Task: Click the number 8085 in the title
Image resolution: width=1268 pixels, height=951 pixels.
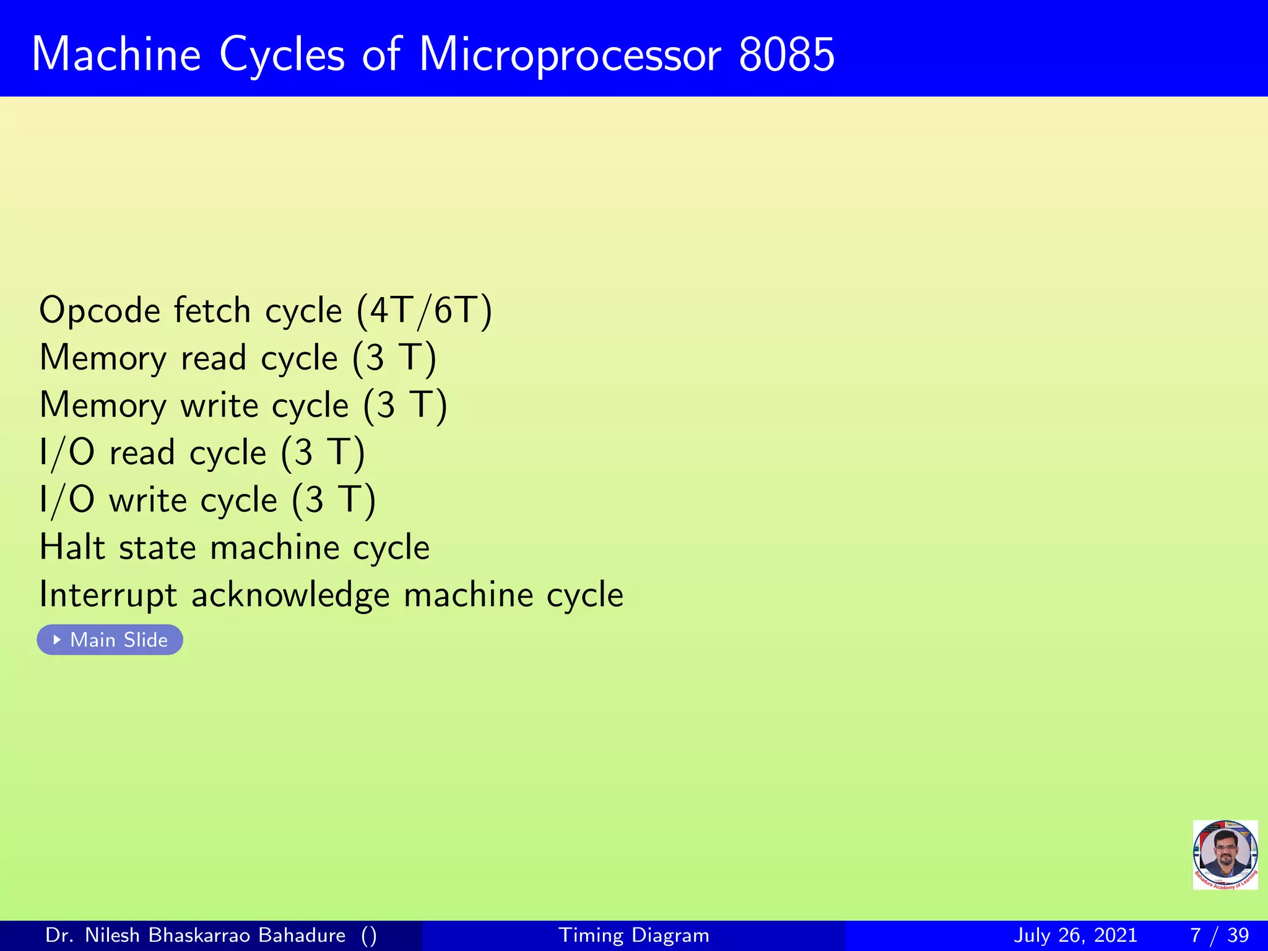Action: [x=786, y=54]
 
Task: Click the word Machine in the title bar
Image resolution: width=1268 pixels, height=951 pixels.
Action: [x=116, y=54]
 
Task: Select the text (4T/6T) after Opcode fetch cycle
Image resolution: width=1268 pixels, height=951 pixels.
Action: [x=425, y=311]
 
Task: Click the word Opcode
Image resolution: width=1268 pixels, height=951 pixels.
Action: [x=98, y=311]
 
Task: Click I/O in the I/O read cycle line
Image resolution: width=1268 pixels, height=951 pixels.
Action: [x=67, y=453]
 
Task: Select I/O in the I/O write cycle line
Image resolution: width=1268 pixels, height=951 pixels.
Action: [x=67, y=500]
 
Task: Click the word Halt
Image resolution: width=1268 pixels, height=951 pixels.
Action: [x=72, y=547]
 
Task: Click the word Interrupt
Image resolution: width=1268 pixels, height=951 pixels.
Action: [x=108, y=596]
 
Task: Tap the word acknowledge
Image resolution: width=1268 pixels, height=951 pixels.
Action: [x=290, y=596]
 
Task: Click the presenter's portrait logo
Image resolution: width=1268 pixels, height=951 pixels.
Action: [x=1225, y=854]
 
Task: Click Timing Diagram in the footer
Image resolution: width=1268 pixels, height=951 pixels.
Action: [x=633, y=935]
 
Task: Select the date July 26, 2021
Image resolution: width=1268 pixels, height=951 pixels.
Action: [x=1075, y=935]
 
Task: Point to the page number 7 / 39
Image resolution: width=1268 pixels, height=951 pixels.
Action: [x=1219, y=935]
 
